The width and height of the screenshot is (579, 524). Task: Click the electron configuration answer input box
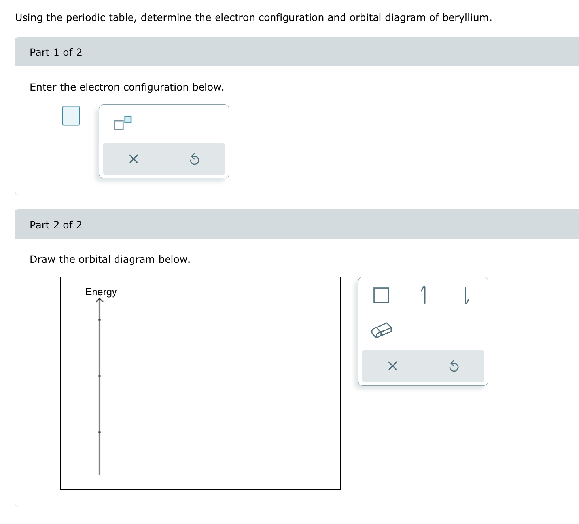71,116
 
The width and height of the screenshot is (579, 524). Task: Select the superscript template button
122,123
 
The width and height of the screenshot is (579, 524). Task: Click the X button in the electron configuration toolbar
133,159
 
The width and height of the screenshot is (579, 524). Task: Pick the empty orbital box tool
381,295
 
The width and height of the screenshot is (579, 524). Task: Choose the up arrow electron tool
424,295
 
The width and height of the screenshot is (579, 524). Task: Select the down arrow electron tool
466,295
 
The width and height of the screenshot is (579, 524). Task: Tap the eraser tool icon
381,330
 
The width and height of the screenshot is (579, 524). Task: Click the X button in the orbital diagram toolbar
393,366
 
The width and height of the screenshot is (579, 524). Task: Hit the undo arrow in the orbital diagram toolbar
454,366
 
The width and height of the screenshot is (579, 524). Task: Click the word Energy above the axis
101,292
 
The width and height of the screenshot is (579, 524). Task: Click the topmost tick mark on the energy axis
100,319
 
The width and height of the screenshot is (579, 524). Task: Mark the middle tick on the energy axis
100,376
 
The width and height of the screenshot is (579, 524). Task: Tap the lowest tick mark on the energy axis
100,432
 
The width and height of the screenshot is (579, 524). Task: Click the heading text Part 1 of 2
56,52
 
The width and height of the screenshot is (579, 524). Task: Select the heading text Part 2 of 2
56,225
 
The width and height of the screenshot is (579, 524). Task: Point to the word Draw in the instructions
42,259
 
